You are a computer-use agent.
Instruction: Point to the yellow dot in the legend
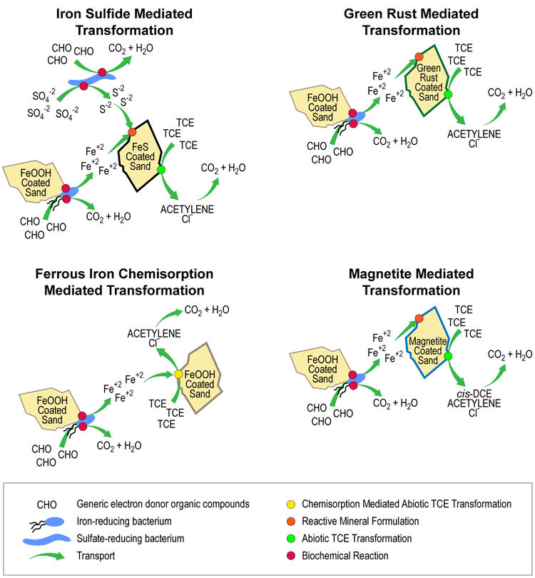coord(294,504)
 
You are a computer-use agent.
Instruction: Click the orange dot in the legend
coord(294,521)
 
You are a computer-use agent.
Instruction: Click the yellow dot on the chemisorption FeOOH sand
coord(179,374)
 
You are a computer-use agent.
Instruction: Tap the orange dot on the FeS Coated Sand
coord(133,132)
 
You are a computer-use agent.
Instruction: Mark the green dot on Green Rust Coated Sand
coord(449,93)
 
